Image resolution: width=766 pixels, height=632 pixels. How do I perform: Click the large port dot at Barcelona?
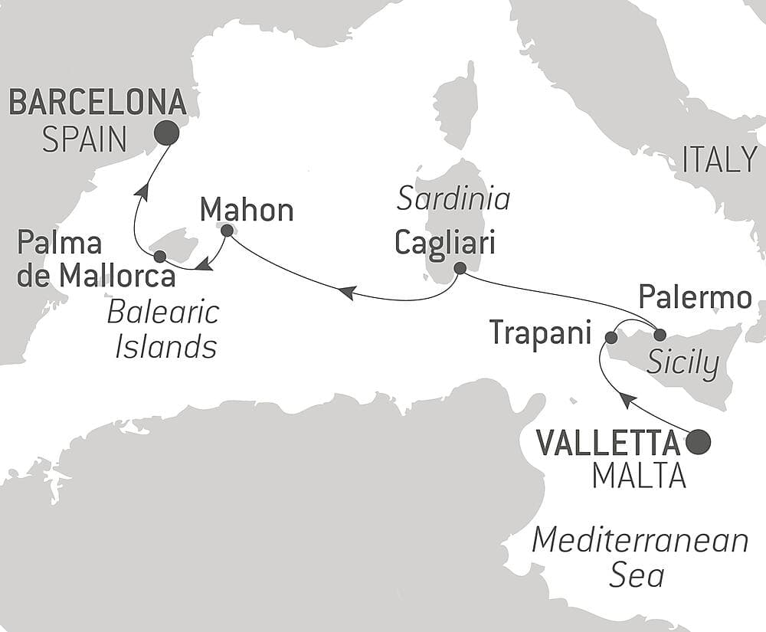(166, 133)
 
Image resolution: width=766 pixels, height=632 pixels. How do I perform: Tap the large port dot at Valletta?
(698, 442)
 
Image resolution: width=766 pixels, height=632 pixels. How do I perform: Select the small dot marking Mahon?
(227, 230)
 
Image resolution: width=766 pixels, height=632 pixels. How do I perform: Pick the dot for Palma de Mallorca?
(160, 256)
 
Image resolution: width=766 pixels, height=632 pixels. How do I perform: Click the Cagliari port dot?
(460, 268)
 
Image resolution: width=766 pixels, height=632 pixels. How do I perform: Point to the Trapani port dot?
(611, 337)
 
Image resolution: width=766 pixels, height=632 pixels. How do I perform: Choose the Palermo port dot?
(660, 333)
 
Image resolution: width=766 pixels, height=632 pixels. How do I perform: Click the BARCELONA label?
(97, 103)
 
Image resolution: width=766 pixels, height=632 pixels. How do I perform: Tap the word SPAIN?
(84, 139)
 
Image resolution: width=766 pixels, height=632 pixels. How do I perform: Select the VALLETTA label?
(608, 442)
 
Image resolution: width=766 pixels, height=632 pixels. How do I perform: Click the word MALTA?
(639, 476)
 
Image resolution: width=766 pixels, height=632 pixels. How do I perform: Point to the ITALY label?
(719, 159)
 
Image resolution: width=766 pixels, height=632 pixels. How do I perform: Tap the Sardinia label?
(454, 199)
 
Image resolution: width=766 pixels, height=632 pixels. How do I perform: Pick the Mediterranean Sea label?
(640, 557)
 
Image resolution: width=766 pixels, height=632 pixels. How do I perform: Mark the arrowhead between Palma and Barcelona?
(141, 192)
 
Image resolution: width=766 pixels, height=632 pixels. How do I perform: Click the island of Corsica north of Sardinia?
(457, 107)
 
